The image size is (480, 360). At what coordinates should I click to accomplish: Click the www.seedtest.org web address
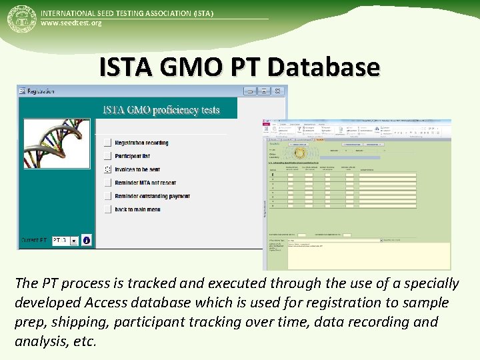[x=71, y=23]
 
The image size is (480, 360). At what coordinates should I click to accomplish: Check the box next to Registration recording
[x=108, y=143]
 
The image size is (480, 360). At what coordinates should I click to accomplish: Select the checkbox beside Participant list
[x=108, y=156]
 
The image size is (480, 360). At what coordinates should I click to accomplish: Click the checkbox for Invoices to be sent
[x=108, y=169]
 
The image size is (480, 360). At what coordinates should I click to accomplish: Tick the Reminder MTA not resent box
[x=108, y=183]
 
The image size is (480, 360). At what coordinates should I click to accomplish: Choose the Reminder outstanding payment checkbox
[x=108, y=196]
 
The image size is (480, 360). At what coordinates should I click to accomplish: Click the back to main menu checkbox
[x=108, y=209]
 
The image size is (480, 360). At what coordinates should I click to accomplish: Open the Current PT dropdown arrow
[x=73, y=241]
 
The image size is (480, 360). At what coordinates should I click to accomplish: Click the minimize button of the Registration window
[x=249, y=91]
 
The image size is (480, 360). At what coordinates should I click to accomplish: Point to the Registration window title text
[x=41, y=91]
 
